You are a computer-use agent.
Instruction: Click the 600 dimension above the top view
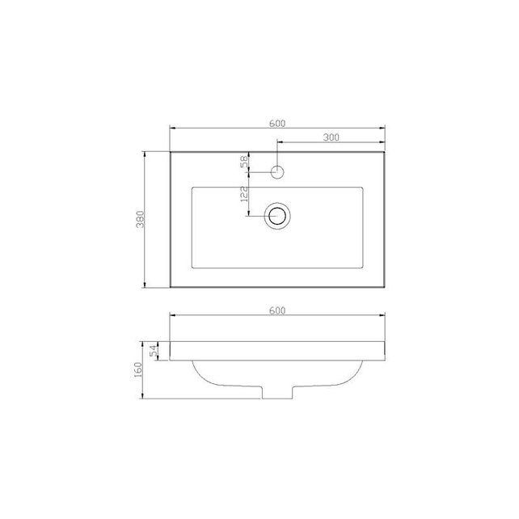click(276, 122)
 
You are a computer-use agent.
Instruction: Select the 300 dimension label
click(330, 137)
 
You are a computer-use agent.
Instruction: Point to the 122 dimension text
click(243, 195)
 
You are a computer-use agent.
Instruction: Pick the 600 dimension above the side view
click(276, 310)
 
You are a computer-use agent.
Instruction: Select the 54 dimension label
click(153, 352)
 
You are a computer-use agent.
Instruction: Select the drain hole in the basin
click(277, 214)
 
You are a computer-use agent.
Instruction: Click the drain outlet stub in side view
click(277, 391)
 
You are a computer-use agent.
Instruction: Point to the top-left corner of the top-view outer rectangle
click(169, 150)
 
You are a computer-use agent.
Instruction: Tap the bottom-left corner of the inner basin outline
click(191, 267)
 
